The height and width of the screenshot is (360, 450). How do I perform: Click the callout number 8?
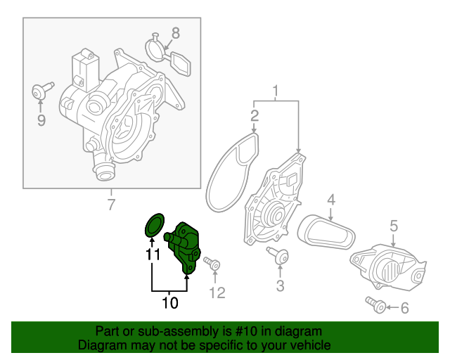tap(175, 32)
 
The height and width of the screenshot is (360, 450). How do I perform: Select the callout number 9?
tap(41, 120)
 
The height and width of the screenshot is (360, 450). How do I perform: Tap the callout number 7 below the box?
tap(110, 205)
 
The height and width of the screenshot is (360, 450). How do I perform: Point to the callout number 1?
tap(276, 90)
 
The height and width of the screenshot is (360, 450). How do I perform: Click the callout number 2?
tap(255, 114)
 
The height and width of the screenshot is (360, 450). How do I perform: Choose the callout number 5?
tap(394, 225)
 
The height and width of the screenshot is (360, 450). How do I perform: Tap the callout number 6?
tap(404, 307)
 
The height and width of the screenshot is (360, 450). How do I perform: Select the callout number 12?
tap(217, 292)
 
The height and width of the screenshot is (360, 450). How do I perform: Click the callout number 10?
tap(170, 303)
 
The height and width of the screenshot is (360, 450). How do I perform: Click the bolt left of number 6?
tap(375, 305)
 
